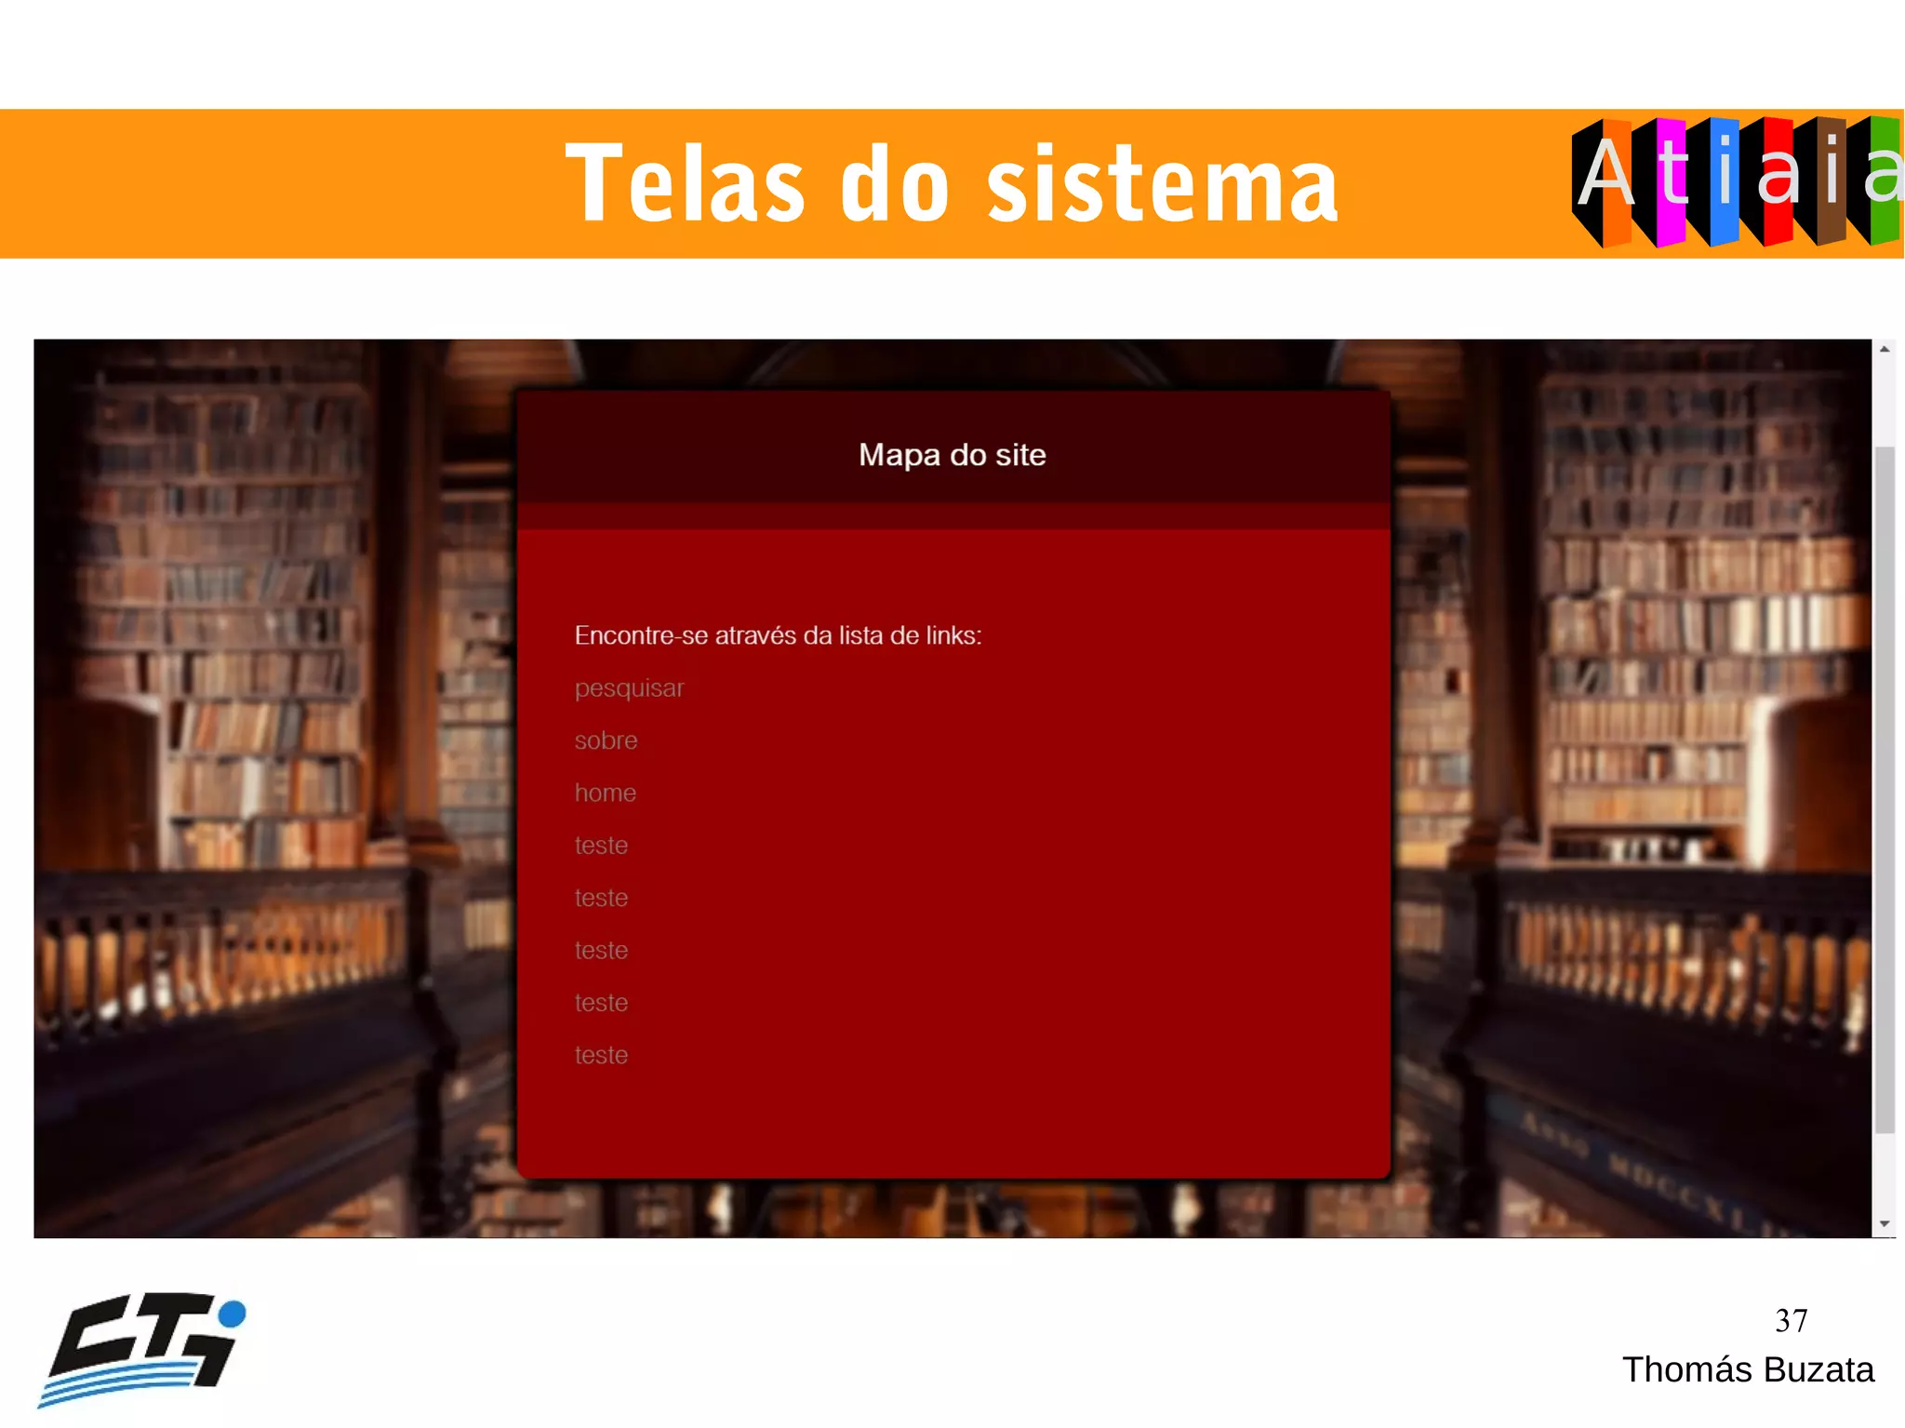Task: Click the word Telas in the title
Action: point(685,184)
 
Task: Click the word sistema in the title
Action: point(1162,184)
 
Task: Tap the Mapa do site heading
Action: point(952,455)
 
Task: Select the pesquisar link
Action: point(629,688)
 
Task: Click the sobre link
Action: point(606,741)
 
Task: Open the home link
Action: point(605,793)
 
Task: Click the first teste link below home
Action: point(601,846)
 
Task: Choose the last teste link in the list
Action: point(601,1055)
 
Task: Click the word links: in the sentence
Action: point(953,635)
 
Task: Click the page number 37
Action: point(1791,1321)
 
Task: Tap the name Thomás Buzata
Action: point(1748,1370)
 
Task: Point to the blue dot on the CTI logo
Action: point(232,1313)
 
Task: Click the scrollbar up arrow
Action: point(1885,350)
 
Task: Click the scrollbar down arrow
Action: point(1885,1224)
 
